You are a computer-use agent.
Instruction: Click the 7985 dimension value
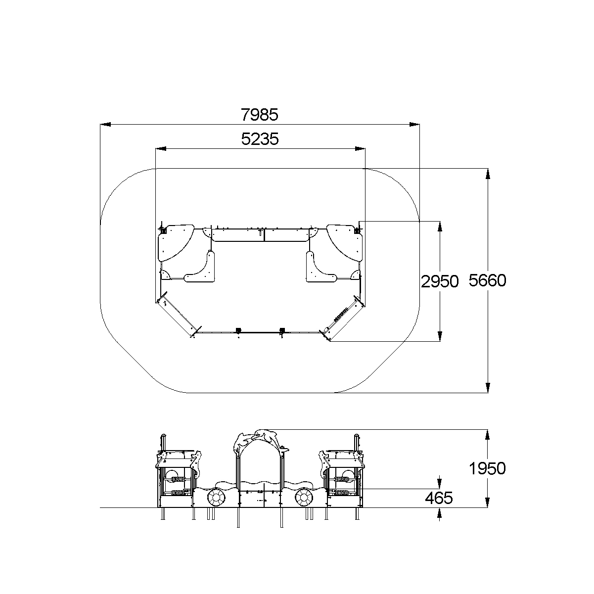(260, 115)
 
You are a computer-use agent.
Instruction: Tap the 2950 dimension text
(440, 281)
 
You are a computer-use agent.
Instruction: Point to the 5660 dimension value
(487, 280)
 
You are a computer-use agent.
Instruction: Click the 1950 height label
(487, 468)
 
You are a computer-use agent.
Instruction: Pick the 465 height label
(439, 498)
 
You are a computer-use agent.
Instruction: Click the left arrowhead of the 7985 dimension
(105, 124)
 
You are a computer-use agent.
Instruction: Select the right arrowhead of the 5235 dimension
(360, 148)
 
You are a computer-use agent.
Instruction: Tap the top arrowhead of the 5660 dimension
(488, 174)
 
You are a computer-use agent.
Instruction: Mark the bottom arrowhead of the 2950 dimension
(440, 336)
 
